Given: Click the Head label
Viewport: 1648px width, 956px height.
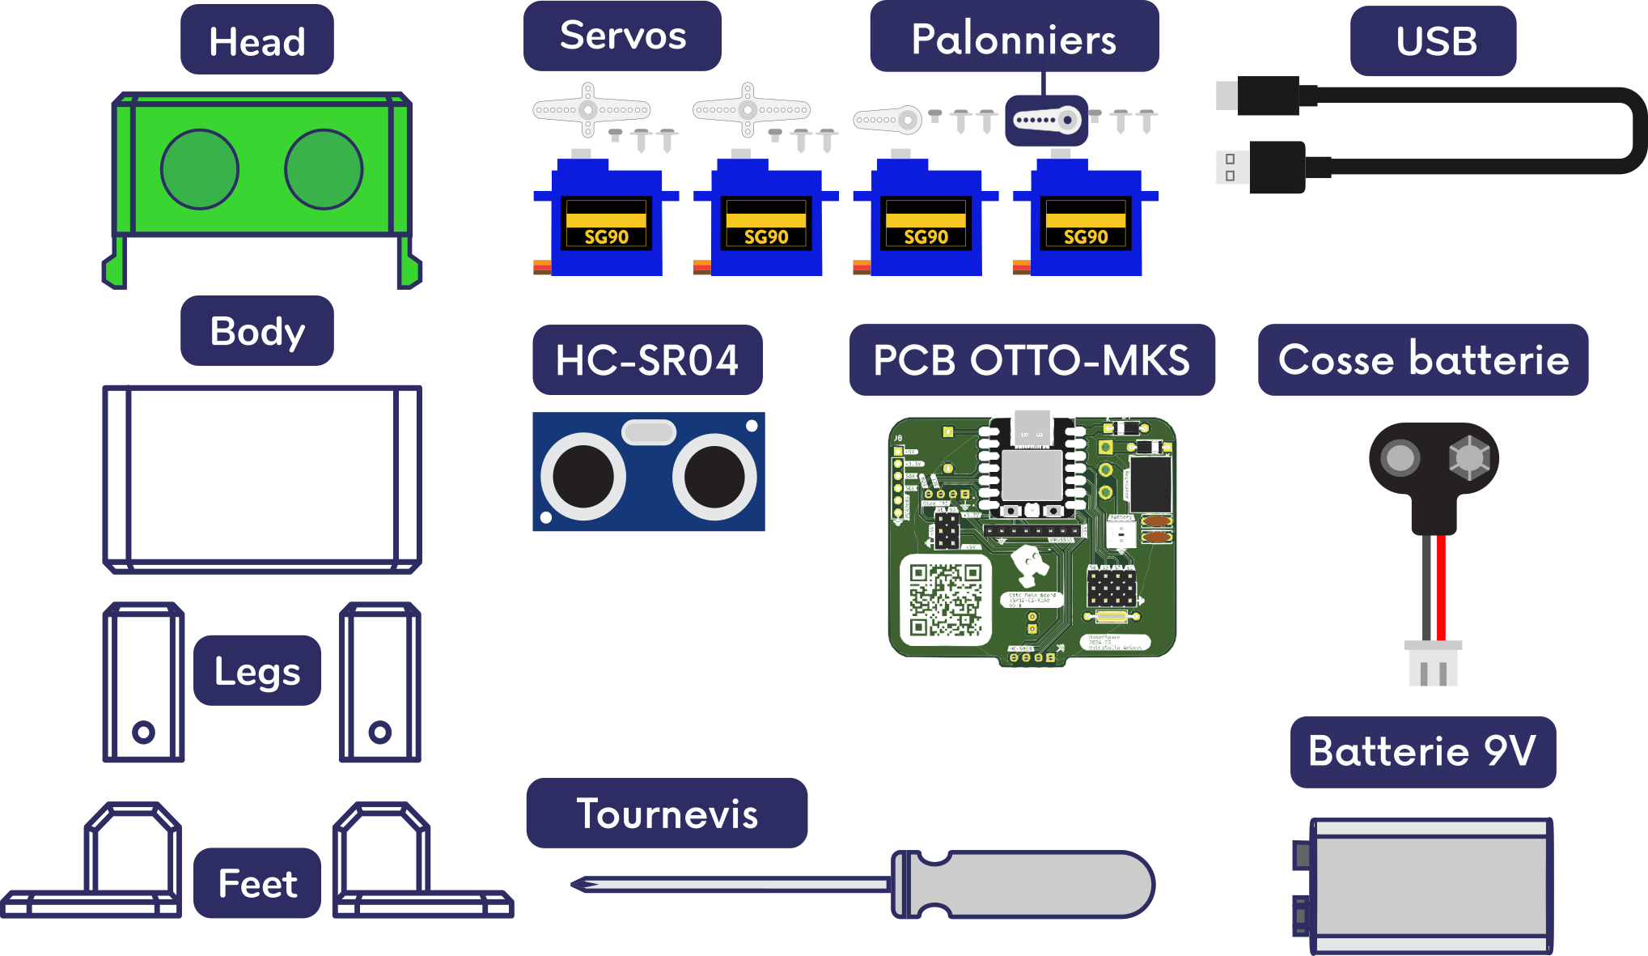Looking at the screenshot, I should pyautogui.click(x=256, y=40).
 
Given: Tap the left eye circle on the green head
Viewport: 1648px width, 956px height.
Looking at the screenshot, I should pyautogui.click(x=200, y=169).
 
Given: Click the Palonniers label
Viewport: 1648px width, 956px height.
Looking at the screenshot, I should pyautogui.click(x=1014, y=38).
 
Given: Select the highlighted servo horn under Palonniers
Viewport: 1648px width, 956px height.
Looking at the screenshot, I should pyautogui.click(x=1046, y=121).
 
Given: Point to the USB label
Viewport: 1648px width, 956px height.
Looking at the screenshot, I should pyautogui.click(x=1433, y=41).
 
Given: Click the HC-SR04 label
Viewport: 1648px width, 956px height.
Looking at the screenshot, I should pyautogui.click(x=647, y=360).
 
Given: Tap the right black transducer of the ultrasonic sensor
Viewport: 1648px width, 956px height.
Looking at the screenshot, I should pyautogui.click(x=714, y=477).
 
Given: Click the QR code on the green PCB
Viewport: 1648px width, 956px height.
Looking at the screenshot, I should pyautogui.click(x=945, y=600).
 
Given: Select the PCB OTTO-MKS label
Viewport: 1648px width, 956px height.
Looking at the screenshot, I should pyautogui.click(x=1032, y=360).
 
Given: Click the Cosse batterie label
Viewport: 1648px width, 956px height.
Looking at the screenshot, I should pyautogui.click(x=1423, y=360).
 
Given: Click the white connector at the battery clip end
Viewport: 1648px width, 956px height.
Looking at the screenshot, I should pyautogui.click(x=1433, y=664).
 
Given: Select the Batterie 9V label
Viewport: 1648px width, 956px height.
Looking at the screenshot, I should pyautogui.click(x=1422, y=752).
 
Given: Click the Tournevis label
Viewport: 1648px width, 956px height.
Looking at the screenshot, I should pyautogui.click(x=667, y=814).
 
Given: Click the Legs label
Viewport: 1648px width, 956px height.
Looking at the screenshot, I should pyautogui.click(x=257, y=671).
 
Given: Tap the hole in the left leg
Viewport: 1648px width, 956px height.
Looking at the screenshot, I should pyautogui.click(x=143, y=733).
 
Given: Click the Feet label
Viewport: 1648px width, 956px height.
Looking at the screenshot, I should pyautogui.click(x=257, y=883).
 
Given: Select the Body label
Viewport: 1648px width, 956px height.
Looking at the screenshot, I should pyautogui.click(x=257, y=331).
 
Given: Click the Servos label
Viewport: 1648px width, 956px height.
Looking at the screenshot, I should pyautogui.click(x=622, y=36).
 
